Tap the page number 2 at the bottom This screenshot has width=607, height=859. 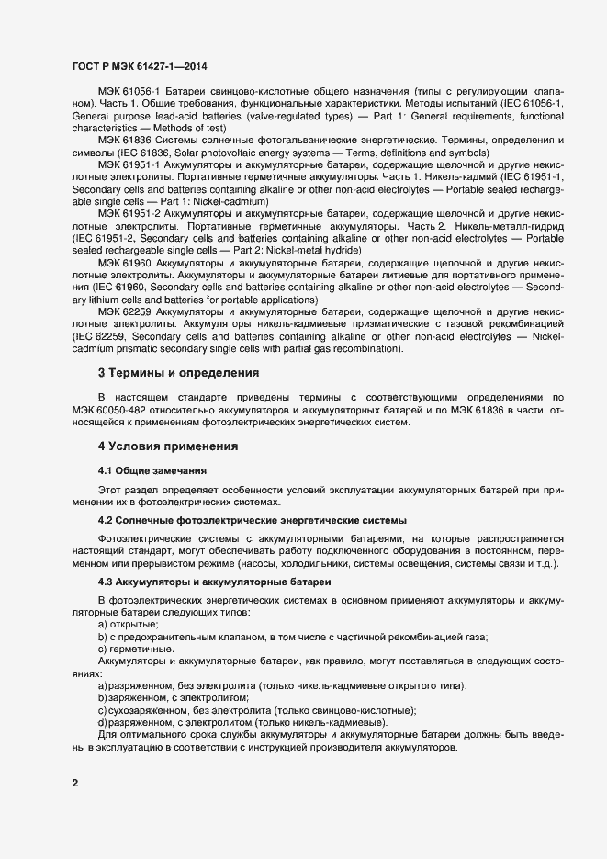(x=74, y=783)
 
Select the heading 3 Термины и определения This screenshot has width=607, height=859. (x=179, y=373)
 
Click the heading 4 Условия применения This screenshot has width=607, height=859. (x=168, y=446)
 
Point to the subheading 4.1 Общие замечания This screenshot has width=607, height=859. (x=146, y=470)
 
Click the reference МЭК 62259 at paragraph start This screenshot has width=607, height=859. (x=124, y=313)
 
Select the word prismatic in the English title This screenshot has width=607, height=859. (x=131, y=349)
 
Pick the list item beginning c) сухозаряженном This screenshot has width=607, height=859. (x=257, y=710)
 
